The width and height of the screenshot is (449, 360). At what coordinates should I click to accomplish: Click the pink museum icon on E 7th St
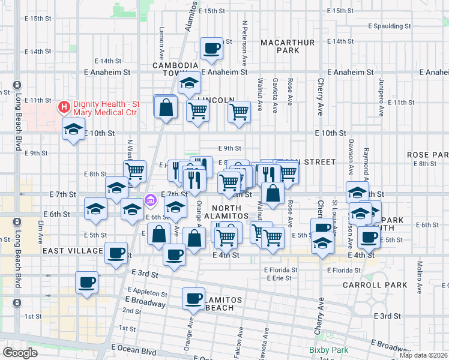click(151, 199)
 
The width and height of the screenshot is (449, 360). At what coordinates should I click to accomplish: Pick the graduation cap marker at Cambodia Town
click(189, 82)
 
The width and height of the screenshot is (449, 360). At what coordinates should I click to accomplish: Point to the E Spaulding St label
click(389, 26)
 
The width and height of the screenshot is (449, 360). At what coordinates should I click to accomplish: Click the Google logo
click(20, 353)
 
